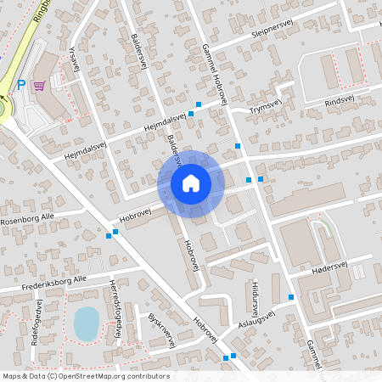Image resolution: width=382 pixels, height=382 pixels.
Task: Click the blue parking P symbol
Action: (x=21, y=85)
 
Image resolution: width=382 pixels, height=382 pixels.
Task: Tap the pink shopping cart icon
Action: (x=39, y=85)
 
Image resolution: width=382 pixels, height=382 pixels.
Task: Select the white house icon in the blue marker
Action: (x=190, y=183)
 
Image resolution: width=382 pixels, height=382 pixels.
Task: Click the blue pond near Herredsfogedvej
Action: (x=86, y=323)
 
